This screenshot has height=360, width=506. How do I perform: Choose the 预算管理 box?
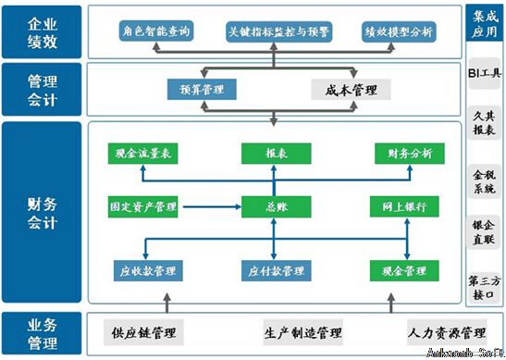tap(201, 90)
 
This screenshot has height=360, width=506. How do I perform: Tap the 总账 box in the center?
tap(274, 205)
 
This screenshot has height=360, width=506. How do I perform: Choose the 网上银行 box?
tap(403, 205)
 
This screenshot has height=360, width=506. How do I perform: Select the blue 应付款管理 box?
tap(276, 271)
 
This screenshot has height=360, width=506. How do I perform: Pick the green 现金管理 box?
tap(403, 271)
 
